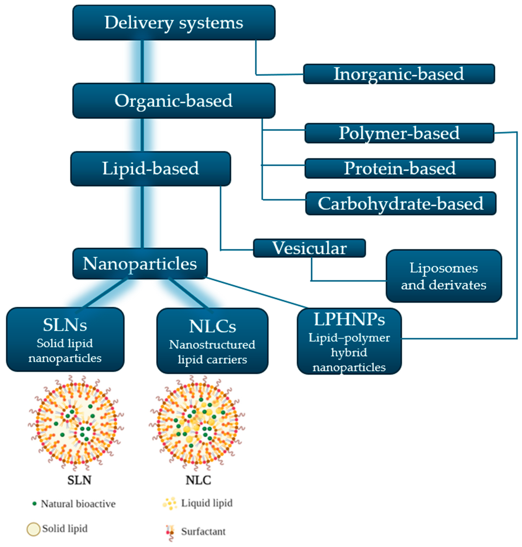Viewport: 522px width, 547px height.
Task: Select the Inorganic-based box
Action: [x=399, y=74]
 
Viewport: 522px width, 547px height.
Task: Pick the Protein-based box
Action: [x=400, y=168]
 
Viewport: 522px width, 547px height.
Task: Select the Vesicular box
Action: [x=309, y=248]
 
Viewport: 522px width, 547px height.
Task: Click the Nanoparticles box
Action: [x=140, y=264]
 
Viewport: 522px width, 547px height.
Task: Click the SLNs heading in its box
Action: [x=65, y=325]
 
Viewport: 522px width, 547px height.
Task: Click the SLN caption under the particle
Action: [x=79, y=480]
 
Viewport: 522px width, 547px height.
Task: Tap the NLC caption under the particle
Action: [x=198, y=480]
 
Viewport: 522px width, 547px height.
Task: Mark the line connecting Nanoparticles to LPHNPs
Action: [x=257, y=293]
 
